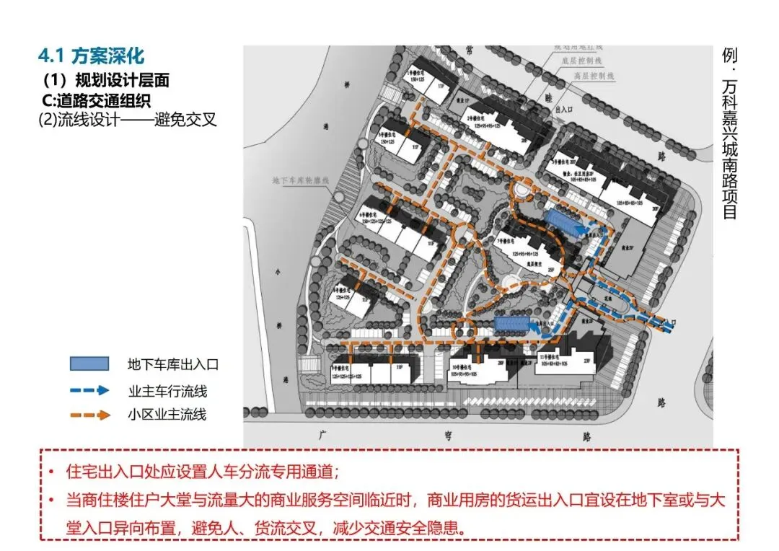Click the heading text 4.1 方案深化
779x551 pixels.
(91, 56)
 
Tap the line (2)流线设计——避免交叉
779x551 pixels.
(128, 119)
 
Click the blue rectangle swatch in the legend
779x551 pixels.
(89, 364)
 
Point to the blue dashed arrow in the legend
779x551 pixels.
(89, 390)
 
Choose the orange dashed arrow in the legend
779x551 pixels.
(89, 415)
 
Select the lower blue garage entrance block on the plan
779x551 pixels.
(514, 325)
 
